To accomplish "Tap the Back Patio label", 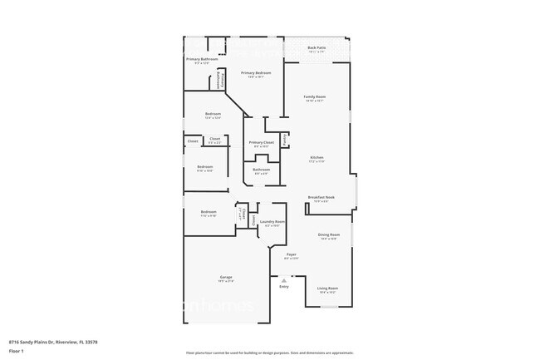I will point(317,49).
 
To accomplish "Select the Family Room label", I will point(314,98).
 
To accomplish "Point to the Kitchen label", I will point(317,159).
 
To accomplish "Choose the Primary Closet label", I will point(262,144).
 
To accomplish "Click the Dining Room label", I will point(329,236).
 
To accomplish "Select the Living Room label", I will point(327,289).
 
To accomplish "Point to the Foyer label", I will point(292,255).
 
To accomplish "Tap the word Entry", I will point(284,288).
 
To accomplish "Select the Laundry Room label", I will point(272,223).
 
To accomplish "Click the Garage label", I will point(226,278).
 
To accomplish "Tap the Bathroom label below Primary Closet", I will point(261,170).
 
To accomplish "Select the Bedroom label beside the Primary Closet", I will point(214,115).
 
